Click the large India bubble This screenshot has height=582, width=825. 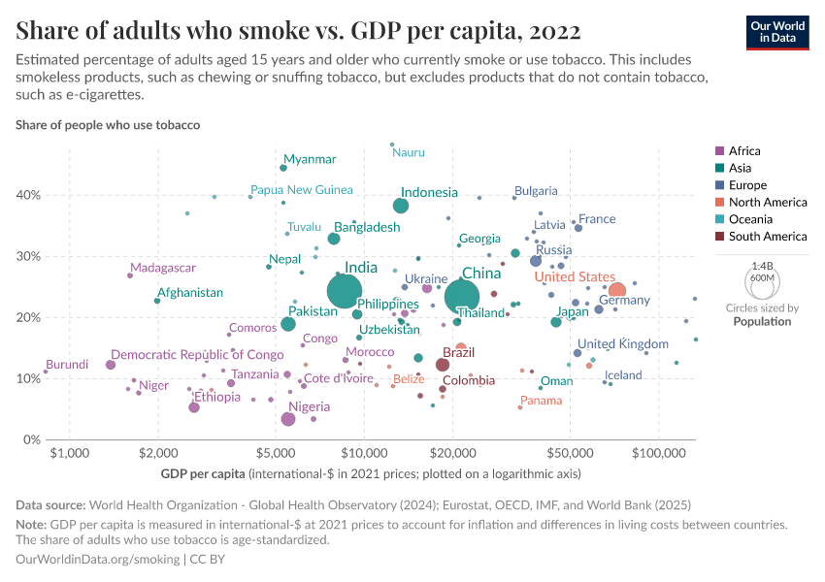point(345,291)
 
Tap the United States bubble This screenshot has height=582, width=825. point(616,291)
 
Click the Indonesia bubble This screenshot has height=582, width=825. point(401,206)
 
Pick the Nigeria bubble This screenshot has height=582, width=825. point(288,419)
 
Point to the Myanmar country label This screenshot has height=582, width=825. point(310,159)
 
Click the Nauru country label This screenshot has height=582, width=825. point(409,152)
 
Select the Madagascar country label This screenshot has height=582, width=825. point(163,268)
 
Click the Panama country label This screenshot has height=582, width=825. point(541,401)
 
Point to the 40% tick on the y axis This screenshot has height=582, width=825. point(27,195)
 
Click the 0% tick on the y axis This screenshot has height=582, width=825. point(31,440)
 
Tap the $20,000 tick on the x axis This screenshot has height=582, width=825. point(453,454)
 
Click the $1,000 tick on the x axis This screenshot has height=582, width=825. point(68,454)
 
